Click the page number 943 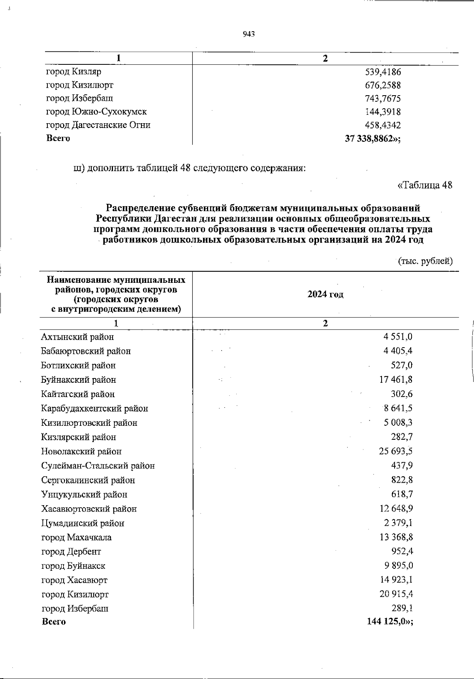pyautogui.click(x=249, y=34)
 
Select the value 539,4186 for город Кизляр pyautogui.click(x=383, y=72)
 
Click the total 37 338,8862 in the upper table pyautogui.click(x=372, y=138)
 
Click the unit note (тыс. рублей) pyautogui.click(x=425, y=261)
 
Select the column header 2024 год pyautogui.click(x=325, y=295)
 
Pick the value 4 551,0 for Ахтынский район pyautogui.click(x=398, y=337)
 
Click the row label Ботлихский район pyautogui.click(x=78, y=366)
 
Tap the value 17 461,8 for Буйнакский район pyautogui.click(x=396, y=380)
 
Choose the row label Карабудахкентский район pyautogui.click(x=94, y=409)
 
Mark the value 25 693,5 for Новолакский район pyautogui.click(x=396, y=451)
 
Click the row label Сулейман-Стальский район pyautogui.click(x=98, y=466)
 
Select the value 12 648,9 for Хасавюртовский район pyautogui.click(x=396, y=509)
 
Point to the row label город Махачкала pyautogui.click(x=76, y=538)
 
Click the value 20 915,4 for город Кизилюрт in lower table pyautogui.click(x=396, y=594)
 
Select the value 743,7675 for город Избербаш pyautogui.click(x=383, y=99)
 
